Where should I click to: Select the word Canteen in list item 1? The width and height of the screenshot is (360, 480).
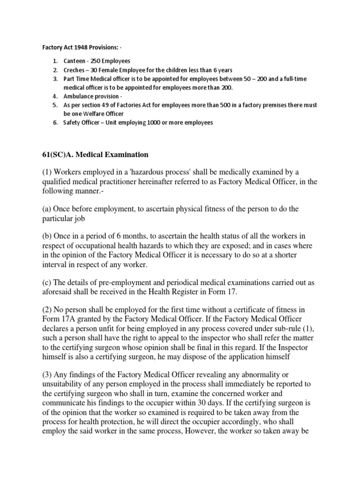(75, 61)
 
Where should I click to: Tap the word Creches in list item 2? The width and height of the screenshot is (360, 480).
(75, 70)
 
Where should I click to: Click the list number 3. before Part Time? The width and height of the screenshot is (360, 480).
(55, 79)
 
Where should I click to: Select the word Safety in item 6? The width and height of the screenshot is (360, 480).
(73, 123)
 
